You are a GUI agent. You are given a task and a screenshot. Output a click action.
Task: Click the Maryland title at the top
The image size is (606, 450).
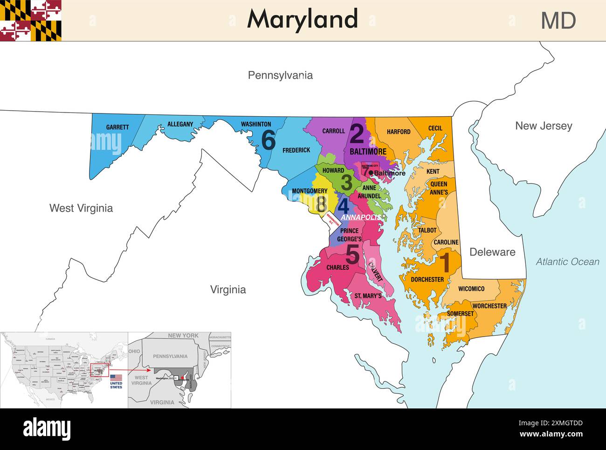[303, 20]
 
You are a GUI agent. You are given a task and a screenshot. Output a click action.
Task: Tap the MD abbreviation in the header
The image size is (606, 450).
[558, 21]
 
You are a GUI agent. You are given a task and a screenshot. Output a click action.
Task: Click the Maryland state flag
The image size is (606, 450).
[31, 21]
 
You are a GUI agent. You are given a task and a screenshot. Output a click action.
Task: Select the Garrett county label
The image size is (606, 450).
[117, 127]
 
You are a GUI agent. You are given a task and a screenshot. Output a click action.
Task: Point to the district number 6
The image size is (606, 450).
[269, 140]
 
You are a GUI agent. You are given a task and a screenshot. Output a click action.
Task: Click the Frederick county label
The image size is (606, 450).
[296, 150]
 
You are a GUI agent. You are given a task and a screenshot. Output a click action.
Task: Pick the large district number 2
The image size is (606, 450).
[357, 134]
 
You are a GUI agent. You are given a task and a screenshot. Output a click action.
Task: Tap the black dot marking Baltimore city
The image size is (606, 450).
[371, 173]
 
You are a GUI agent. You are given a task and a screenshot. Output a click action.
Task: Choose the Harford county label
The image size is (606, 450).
[399, 132]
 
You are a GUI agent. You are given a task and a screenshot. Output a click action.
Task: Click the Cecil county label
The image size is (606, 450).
[435, 128]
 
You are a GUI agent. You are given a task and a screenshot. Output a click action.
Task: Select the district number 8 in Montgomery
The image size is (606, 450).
[321, 204]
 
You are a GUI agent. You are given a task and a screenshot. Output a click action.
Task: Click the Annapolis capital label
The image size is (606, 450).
[360, 218]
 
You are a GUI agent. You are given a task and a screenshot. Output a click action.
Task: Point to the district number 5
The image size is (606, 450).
[352, 255]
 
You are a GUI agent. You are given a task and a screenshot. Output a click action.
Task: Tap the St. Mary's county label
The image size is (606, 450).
[368, 296]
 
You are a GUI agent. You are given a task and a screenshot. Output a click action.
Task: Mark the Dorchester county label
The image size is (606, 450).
[427, 280]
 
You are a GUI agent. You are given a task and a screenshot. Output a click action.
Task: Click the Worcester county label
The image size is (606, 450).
[489, 306]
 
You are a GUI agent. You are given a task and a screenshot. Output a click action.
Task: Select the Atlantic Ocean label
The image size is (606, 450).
[567, 262]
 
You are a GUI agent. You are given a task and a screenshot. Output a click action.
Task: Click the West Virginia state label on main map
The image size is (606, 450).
[81, 208]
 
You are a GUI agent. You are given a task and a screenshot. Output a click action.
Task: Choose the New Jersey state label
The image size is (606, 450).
[543, 126]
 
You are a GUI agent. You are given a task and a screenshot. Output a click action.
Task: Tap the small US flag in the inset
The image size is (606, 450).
[116, 377]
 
